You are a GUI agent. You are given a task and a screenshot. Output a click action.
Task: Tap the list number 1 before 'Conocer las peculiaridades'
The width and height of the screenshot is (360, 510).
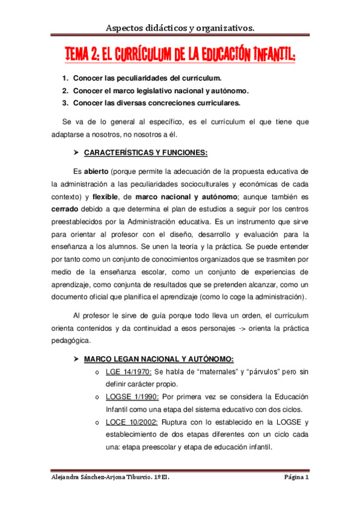click(64, 79)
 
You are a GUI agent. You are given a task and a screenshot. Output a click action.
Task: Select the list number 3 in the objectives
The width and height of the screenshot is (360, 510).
click(64, 103)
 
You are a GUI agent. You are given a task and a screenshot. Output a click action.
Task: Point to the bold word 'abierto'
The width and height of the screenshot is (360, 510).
click(96, 171)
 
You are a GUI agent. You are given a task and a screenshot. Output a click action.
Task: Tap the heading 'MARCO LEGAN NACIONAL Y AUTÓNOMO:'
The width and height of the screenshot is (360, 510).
click(158, 359)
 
